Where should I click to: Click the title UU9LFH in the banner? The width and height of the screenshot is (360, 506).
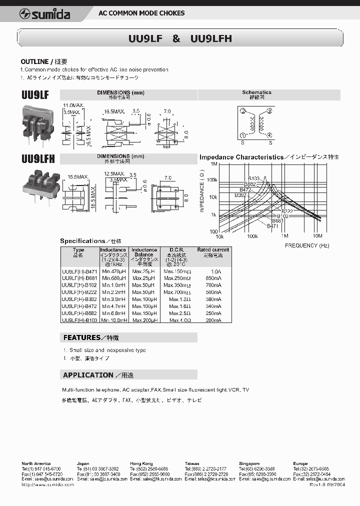coord(211,38)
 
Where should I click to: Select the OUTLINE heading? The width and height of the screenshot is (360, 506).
coord(34,61)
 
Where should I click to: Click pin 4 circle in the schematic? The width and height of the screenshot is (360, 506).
coord(269,135)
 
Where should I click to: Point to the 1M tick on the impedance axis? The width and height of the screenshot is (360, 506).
coord(214,164)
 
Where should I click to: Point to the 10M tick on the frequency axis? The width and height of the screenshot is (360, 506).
coord(317,235)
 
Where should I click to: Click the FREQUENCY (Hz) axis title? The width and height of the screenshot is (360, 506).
coord(307,245)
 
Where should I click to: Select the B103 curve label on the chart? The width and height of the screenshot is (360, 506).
coord(254,178)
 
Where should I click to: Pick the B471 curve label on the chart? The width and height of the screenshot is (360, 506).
coord(272,226)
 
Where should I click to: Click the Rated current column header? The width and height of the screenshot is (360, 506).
coord(213,249)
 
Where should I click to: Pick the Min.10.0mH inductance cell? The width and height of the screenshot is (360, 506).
coord(114,320)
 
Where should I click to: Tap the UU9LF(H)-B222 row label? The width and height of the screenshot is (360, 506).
coord(79,292)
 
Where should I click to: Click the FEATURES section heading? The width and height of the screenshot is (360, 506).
coord(81,337)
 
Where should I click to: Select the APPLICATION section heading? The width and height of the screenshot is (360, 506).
coord(88,375)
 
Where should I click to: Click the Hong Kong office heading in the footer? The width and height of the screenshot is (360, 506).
coord(141,463)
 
